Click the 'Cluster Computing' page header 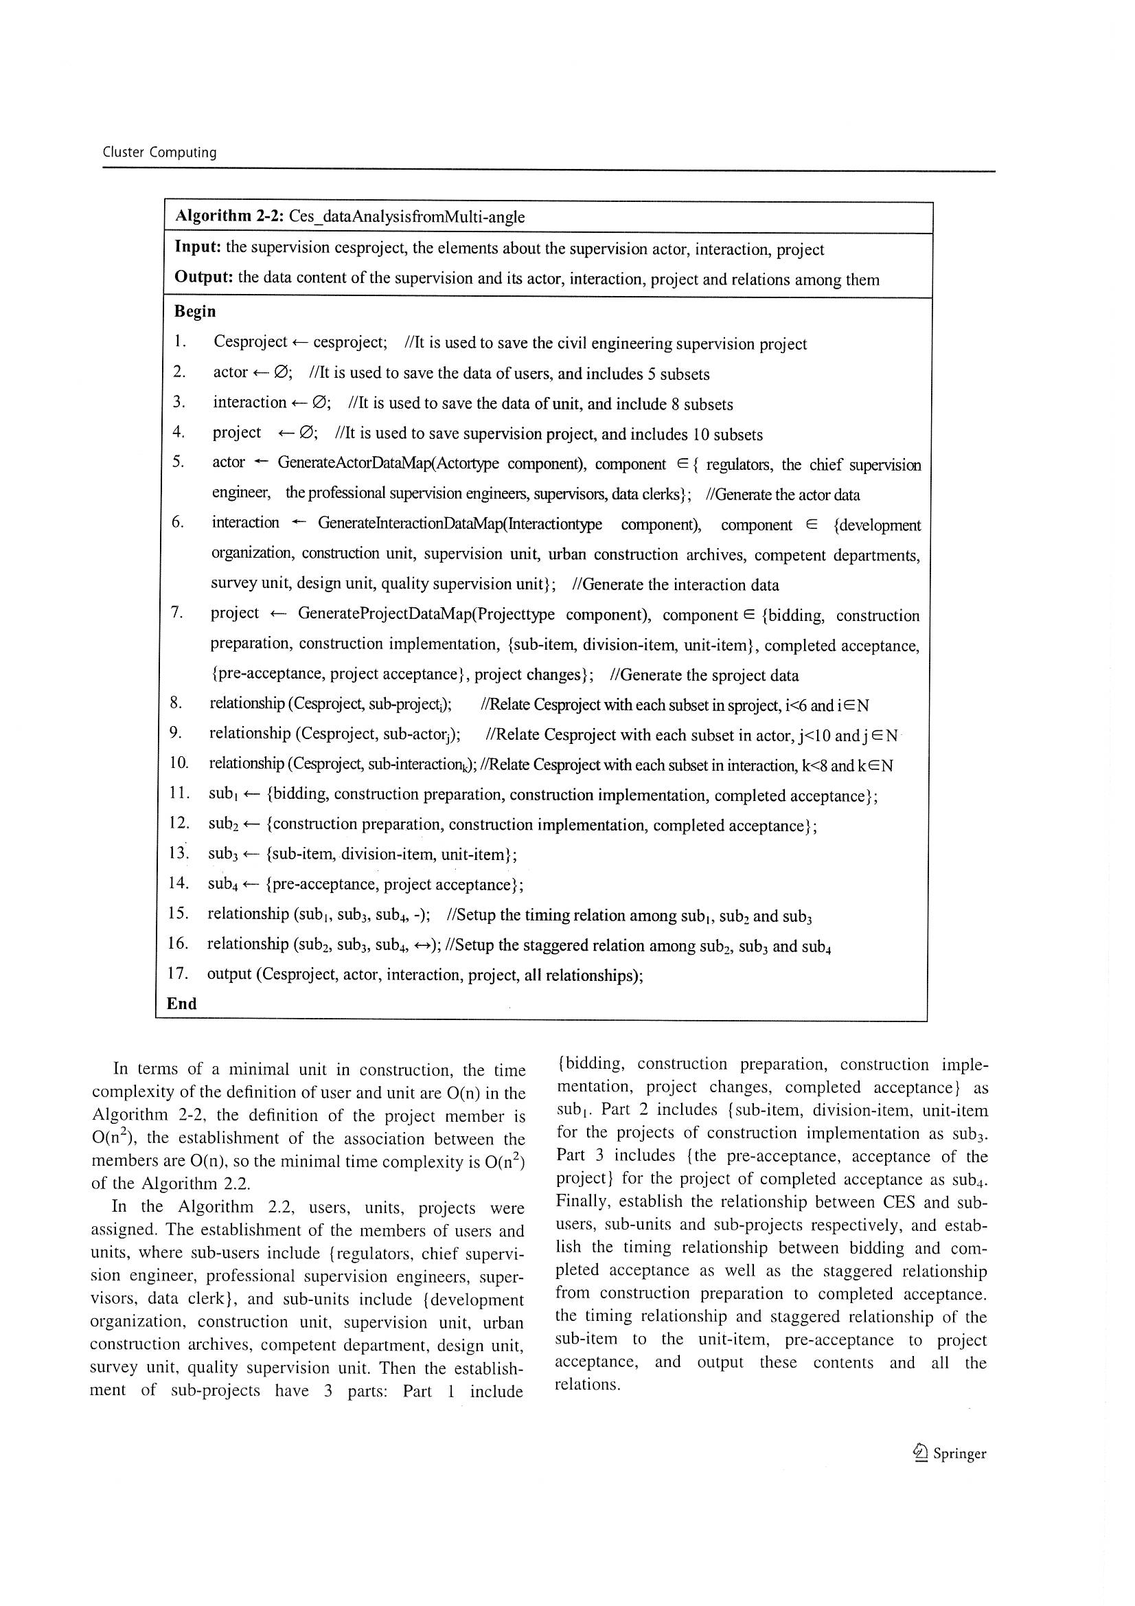159,152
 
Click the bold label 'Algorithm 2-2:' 229,216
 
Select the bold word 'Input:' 198,247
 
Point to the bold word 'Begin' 194,311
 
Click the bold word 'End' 181,1003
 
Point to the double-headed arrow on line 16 423,946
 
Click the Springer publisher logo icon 920,1453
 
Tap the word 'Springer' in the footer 959,1454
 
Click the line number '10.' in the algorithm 179,763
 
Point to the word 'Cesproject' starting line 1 251,341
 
